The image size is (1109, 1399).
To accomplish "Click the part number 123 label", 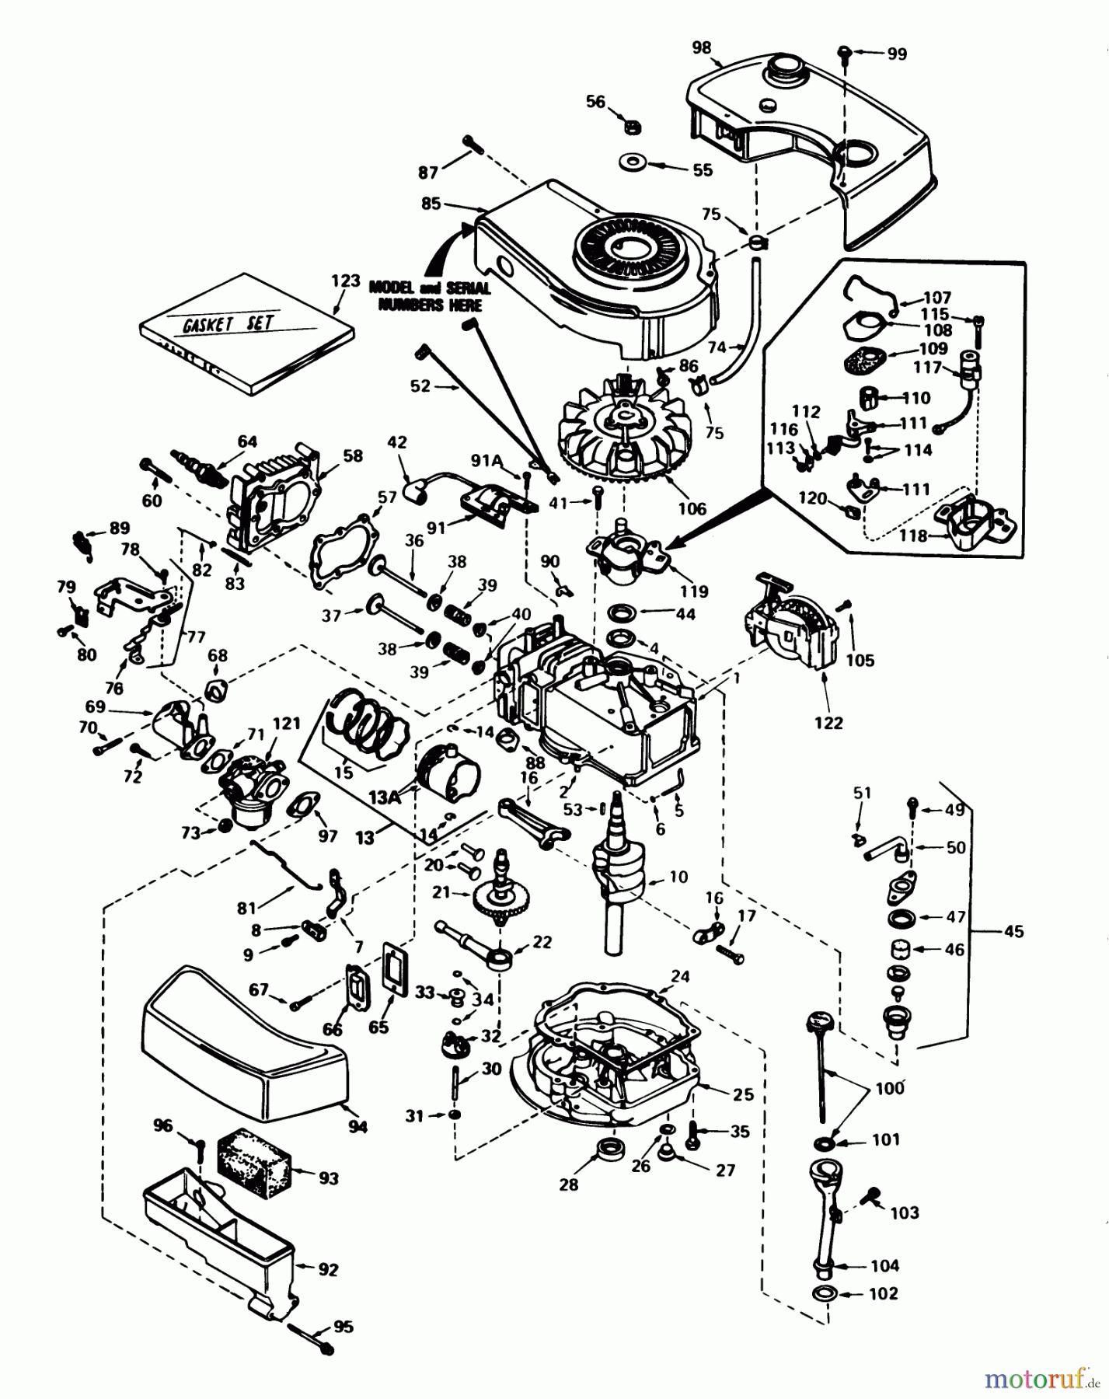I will click(x=346, y=281).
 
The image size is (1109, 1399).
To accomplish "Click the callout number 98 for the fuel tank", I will click(x=701, y=47).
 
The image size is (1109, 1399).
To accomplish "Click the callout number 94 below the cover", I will click(x=358, y=1126).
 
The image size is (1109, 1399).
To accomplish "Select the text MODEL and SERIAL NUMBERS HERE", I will click(x=429, y=296).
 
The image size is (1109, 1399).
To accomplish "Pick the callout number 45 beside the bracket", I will click(x=1013, y=931).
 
